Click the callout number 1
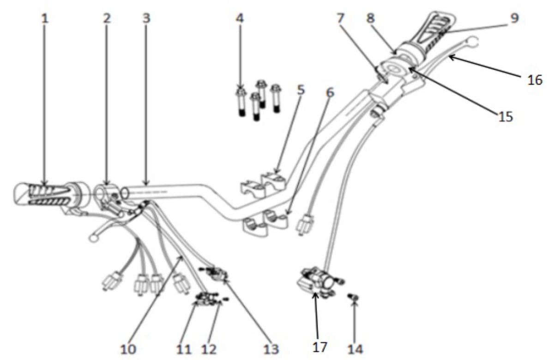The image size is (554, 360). pyautogui.click(x=44, y=18)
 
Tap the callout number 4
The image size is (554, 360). pyautogui.click(x=240, y=18)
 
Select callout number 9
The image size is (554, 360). pyautogui.click(x=514, y=18)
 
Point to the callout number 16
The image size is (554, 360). pyautogui.click(x=535, y=80)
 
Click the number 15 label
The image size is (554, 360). pyautogui.click(x=506, y=116)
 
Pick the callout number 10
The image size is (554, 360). pyautogui.click(x=128, y=349)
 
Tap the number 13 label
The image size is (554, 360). pyautogui.click(x=271, y=349)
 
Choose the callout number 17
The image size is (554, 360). pyautogui.click(x=319, y=347)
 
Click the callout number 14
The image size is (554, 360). pyautogui.click(x=355, y=349)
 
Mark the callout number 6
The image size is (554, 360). pyautogui.click(x=330, y=93)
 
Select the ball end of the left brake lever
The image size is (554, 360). pyautogui.click(x=93, y=238)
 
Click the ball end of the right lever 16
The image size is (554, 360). pyautogui.click(x=472, y=41)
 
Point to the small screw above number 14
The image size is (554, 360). pyautogui.click(x=353, y=297)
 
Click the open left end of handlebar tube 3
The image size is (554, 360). pyautogui.click(x=125, y=193)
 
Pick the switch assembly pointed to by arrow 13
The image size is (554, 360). pyautogui.click(x=215, y=273)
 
